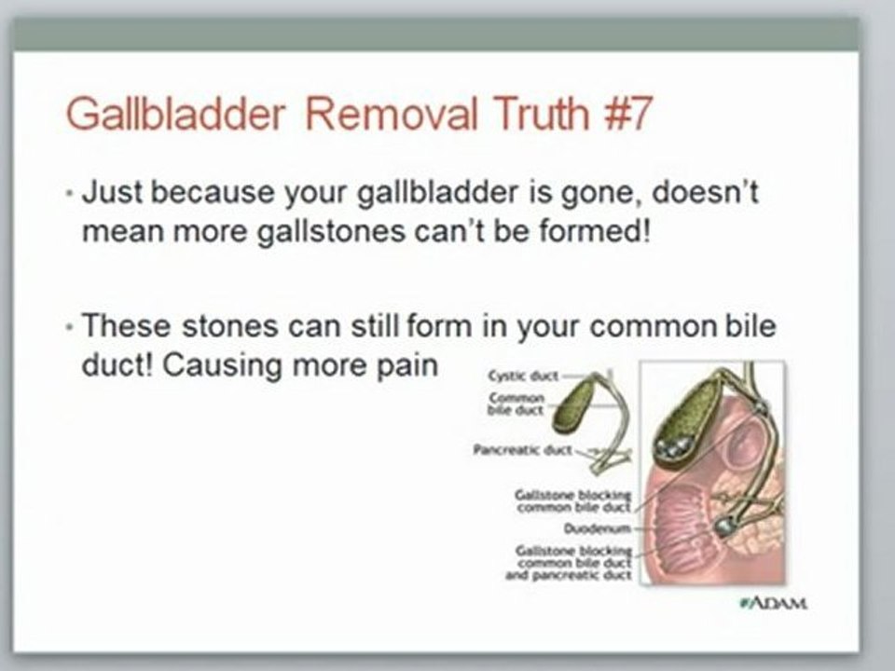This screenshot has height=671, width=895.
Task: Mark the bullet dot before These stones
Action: (72, 328)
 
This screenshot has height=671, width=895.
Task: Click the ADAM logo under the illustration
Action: (773, 603)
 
